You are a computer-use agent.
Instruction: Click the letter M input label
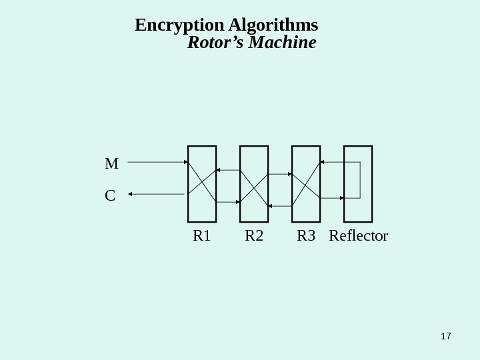click(111, 163)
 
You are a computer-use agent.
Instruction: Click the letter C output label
click(110, 196)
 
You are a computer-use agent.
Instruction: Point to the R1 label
click(201, 236)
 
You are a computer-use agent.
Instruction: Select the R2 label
click(253, 236)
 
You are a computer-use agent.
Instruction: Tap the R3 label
click(305, 236)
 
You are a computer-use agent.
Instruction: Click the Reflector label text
click(359, 236)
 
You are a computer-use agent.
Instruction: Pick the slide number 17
click(446, 336)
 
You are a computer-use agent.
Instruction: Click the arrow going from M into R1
click(157, 162)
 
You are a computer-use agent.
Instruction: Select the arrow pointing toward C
click(156, 194)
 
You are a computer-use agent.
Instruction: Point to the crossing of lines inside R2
click(254, 186)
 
